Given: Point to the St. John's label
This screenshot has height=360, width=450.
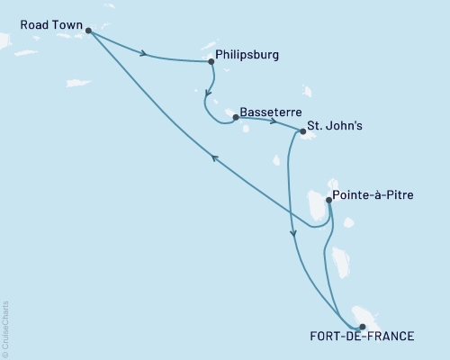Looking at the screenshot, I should tap(337, 127).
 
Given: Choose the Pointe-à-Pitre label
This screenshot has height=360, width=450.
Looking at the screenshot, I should tap(373, 193).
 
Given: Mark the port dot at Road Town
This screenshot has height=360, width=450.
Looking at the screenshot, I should tap(88, 31).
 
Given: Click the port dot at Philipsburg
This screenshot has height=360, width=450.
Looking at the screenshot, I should tap(211, 61).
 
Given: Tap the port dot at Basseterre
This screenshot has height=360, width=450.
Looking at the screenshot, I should tap(235, 117).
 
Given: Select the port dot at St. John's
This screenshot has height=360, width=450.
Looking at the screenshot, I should tap(302, 132).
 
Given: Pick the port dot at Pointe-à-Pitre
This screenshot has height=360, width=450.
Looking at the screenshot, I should tap(328, 202).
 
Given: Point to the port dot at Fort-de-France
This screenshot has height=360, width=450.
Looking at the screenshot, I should tap(362, 328).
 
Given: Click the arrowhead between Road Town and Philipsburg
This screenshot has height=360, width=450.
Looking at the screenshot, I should tap(144, 54).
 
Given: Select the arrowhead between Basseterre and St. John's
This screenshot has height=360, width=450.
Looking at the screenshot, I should tap(272, 121).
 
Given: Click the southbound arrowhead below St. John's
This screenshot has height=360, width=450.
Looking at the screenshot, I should tap(292, 234).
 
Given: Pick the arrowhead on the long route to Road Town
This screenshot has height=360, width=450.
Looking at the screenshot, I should tap(214, 157).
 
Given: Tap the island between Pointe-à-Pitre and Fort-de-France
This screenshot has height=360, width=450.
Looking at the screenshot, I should tap(339, 261).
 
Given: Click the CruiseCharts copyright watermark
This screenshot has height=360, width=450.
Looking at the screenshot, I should tap(6, 327).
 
